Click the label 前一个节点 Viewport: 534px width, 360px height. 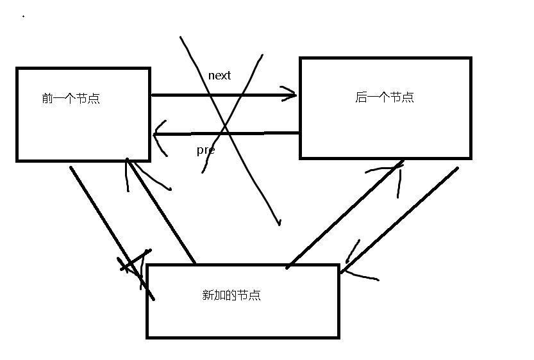pyautogui.click(x=71, y=99)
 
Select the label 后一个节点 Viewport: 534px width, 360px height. pyautogui.click(x=385, y=97)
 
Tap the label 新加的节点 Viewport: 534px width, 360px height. pyautogui.click(x=231, y=295)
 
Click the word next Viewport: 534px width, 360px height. pyautogui.click(x=219, y=76)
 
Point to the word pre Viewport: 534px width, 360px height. pyautogui.click(x=205, y=151)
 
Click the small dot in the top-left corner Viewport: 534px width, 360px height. pyautogui.click(x=24, y=16)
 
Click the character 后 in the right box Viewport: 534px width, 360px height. pyautogui.click(x=361, y=97)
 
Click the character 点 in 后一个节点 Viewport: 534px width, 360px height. pyautogui.click(x=408, y=97)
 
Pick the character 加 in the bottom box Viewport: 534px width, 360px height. pyautogui.click(x=220, y=295)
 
